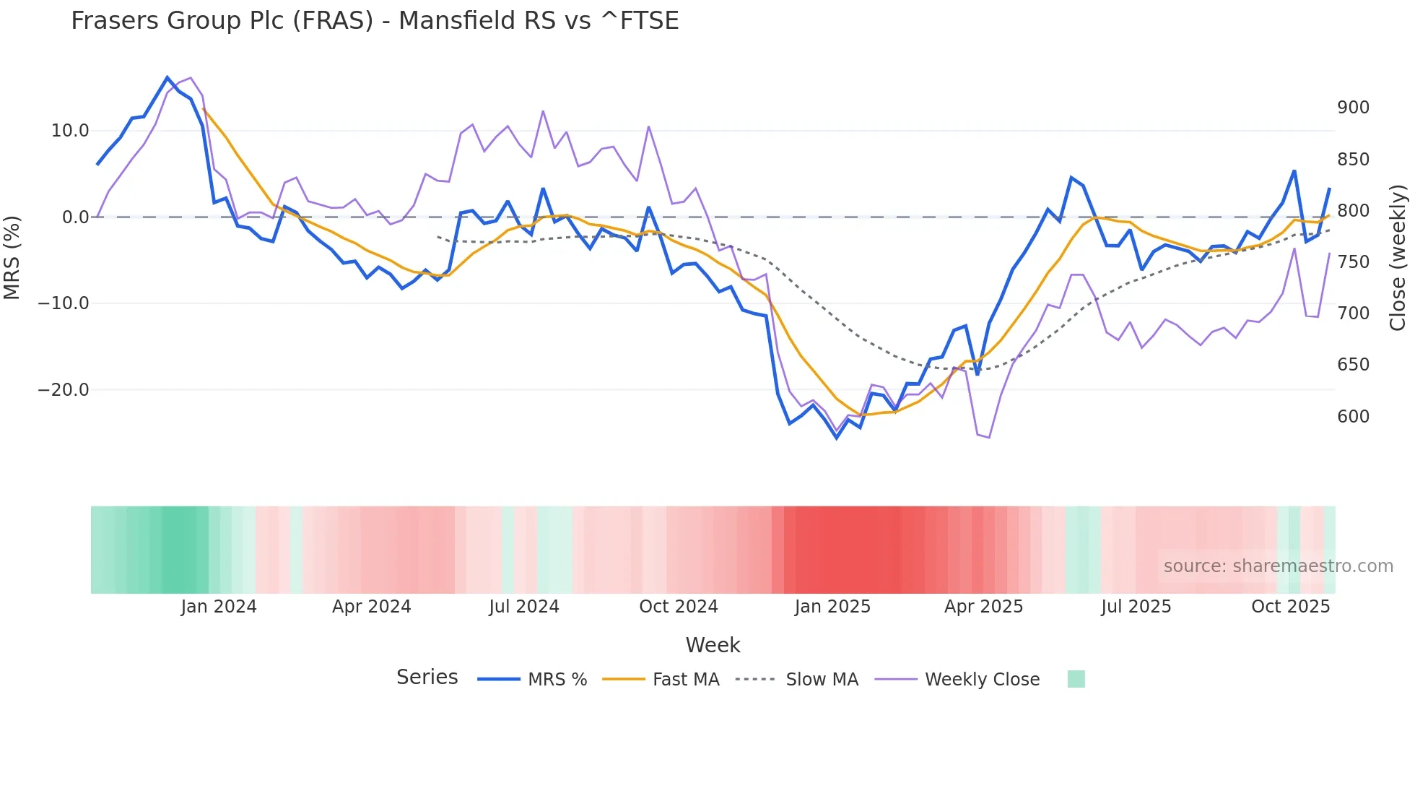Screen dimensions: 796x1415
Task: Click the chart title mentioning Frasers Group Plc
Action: click(x=375, y=21)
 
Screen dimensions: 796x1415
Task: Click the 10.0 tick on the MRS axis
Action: click(x=69, y=131)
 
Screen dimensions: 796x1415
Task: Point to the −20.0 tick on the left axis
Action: click(x=64, y=390)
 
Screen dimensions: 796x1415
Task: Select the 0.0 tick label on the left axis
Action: click(x=75, y=217)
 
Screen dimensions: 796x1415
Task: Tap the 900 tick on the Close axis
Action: click(x=1353, y=108)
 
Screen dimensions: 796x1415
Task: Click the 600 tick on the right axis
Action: click(x=1353, y=417)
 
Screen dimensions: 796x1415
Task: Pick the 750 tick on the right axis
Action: click(x=1353, y=262)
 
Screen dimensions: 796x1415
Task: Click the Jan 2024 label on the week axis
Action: click(x=219, y=607)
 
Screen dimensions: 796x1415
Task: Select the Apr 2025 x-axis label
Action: click(x=983, y=607)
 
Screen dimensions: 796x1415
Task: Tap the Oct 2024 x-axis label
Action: click(x=678, y=607)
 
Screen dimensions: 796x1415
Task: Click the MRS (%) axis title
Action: click(x=12, y=257)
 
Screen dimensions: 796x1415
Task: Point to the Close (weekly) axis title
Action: click(x=1398, y=257)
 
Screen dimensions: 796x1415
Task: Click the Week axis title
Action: click(x=713, y=645)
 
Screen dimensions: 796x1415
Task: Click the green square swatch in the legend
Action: click(x=1076, y=679)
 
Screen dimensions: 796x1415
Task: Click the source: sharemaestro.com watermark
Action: click(x=1278, y=566)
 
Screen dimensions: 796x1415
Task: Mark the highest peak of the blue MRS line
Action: click(x=167, y=77)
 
